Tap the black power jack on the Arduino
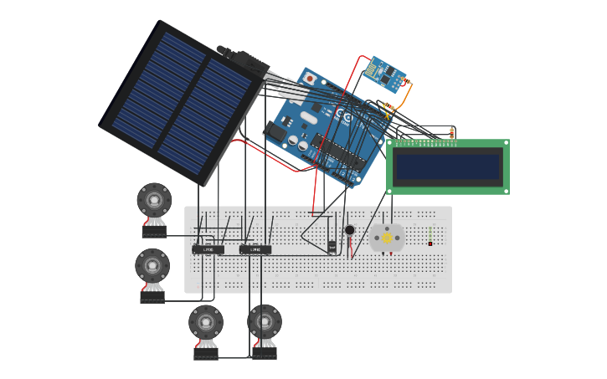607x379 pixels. tap(275, 132)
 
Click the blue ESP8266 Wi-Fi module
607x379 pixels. tap(386, 74)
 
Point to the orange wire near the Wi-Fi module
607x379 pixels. tap(405, 97)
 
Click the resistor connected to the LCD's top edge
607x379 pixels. tap(452, 132)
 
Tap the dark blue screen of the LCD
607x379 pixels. tap(448, 166)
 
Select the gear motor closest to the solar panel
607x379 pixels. tap(154, 201)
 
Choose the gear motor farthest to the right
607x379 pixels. tap(265, 322)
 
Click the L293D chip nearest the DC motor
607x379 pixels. tap(255, 249)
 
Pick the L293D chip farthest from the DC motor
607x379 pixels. tap(208, 249)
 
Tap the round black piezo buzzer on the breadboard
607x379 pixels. tap(349, 230)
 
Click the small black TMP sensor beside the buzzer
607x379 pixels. tap(332, 246)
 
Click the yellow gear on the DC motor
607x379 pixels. tap(387, 238)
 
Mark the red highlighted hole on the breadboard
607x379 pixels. tap(430, 243)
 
